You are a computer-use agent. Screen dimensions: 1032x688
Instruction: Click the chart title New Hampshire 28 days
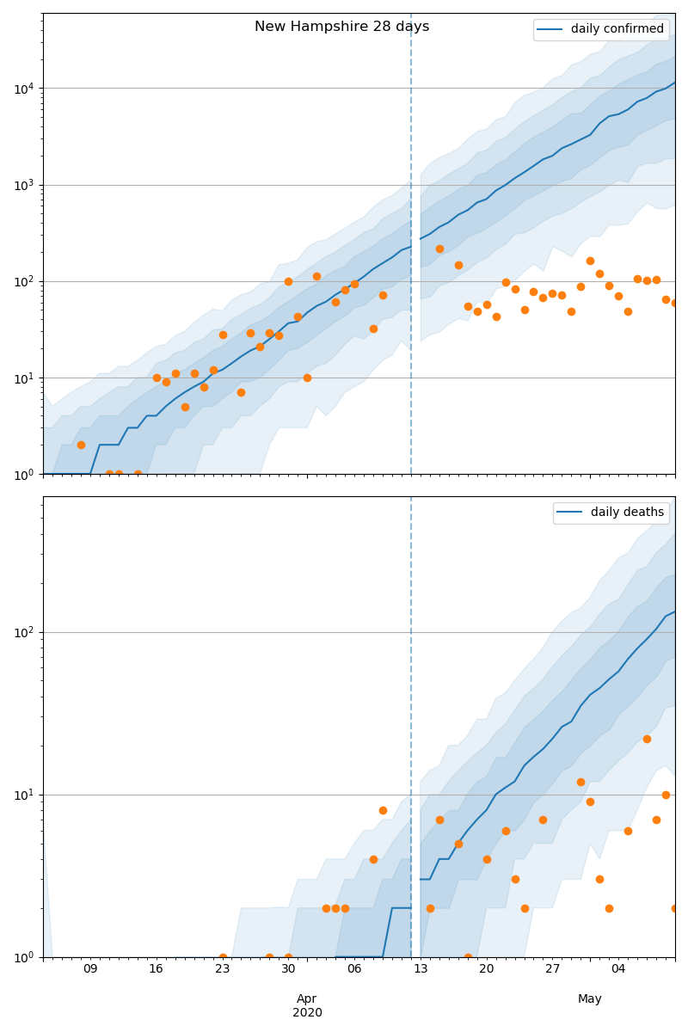click(x=341, y=27)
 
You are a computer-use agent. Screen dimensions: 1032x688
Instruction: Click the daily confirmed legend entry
click(x=617, y=29)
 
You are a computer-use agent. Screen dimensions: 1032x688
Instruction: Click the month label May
click(x=590, y=998)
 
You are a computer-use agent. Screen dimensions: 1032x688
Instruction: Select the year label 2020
click(x=307, y=1012)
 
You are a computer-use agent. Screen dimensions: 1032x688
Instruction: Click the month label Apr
click(x=307, y=998)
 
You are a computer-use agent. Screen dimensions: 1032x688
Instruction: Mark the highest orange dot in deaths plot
click(x=647, y=739)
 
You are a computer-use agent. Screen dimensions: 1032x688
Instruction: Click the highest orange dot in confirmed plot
click(x=439, y=249)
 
